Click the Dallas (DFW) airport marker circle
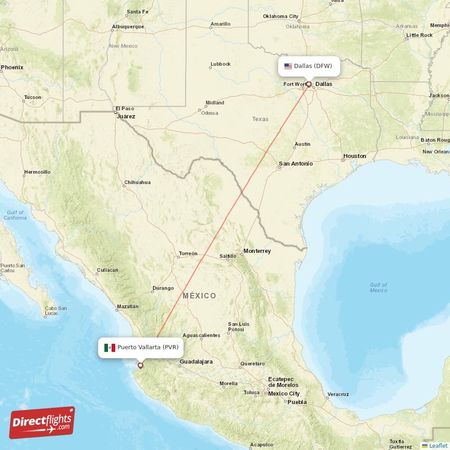(308, 84)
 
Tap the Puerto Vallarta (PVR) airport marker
(141, 365)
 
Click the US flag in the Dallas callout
(288, 66)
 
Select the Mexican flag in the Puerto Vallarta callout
(109, 348)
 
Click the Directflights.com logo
(42, 422)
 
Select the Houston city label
(354, 156)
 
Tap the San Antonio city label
(295, 164)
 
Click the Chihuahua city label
(137, 182)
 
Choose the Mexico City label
(283, 394)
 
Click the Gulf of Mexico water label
(378, 287)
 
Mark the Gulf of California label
(15, 214)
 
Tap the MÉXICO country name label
(199, 296)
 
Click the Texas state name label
(260, 119)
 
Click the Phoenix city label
(12, 67)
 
